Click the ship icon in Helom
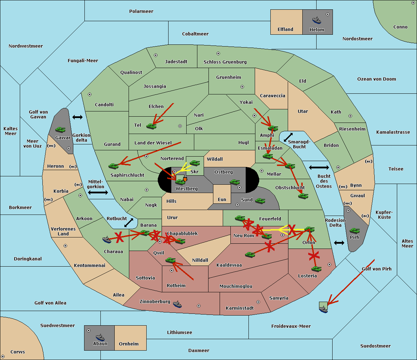click(x=317, y=20)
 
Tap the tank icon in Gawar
click(x=60, y=129)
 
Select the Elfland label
click(x=285, y=30)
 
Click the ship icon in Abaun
click(x=100, y=337)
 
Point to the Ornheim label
click(x=129, y=344)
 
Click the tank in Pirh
click(x=354, y=231)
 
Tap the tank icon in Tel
click(x=151, y=126)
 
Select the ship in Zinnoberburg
click(x=177, y=304)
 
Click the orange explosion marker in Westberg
click(x=185, y=179)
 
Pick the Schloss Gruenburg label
click(x=225, y=62)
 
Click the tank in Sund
click(x=260, y=201)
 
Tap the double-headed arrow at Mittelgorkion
click(x=98, y=192)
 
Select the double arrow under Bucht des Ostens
click(x=339, y=243)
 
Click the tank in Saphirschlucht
click(x=114, y=166)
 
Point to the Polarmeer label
click(x=141, y=11)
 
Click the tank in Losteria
click(x=316, y=269)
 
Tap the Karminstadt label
click(x=240, y=308)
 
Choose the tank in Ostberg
click(x=235, y=182)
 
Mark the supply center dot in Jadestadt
click(x=156, y=55)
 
